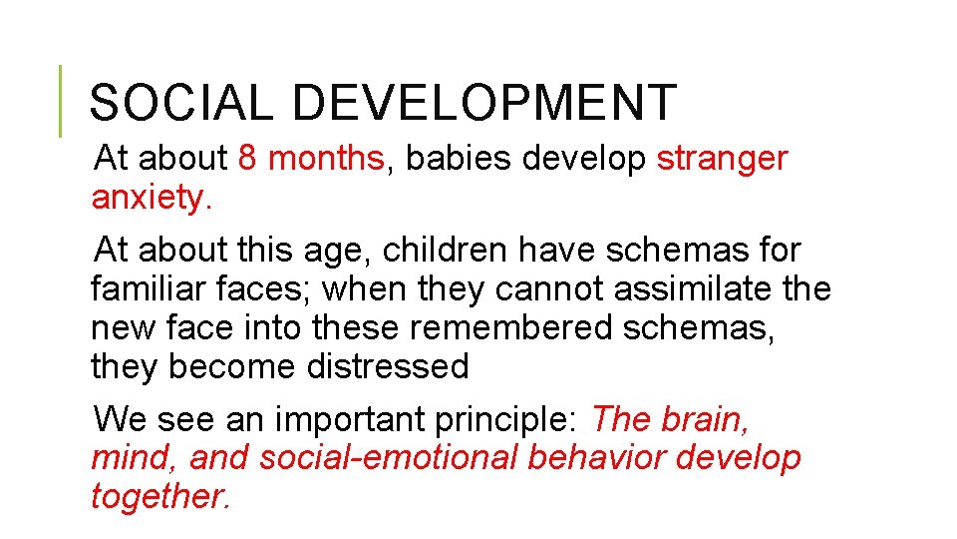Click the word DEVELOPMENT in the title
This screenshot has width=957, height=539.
[x=485, y=103]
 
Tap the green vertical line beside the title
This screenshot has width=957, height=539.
[x=60, y=101]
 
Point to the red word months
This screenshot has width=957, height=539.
[x=326, y=158]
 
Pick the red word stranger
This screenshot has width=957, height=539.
[x=722, y=158]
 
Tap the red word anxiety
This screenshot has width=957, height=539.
[x=151, y=198]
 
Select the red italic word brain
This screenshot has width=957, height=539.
[x=706, y=419]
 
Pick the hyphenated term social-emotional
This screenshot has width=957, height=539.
[x=389, y=458]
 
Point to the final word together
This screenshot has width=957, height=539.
[x=160, y=497]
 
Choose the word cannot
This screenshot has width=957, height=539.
[x=548, y=289]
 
